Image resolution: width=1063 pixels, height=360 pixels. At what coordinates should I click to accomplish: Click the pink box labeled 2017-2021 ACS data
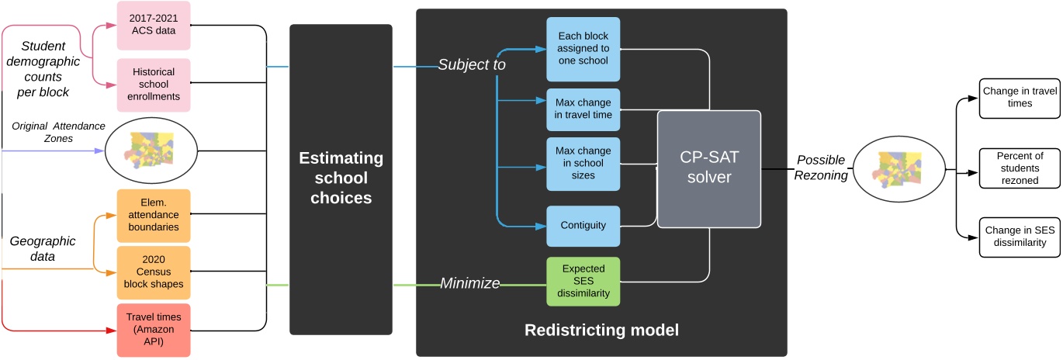tap(154, 23)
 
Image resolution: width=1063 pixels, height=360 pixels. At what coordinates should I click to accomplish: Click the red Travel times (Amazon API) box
tap(154, 330)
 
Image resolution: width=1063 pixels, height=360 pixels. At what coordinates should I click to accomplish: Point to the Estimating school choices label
tap(341, 178)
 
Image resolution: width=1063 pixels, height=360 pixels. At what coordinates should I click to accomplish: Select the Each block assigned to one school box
tap(583, 49)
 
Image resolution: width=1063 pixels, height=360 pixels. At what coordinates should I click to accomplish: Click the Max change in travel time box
tap(583, 108)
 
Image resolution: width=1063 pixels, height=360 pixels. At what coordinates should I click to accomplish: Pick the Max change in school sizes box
tap(583, 164)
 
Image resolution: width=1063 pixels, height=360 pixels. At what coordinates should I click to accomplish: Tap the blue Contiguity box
tap(583, 226)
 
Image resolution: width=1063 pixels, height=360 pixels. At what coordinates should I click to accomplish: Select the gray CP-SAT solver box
tap(709, 168)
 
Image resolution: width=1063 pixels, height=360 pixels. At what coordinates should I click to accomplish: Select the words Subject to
tap(471, 65)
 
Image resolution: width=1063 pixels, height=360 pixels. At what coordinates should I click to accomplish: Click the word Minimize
tap(469, 284)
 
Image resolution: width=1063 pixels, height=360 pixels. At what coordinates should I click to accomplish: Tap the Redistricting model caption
tap(601, 331)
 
